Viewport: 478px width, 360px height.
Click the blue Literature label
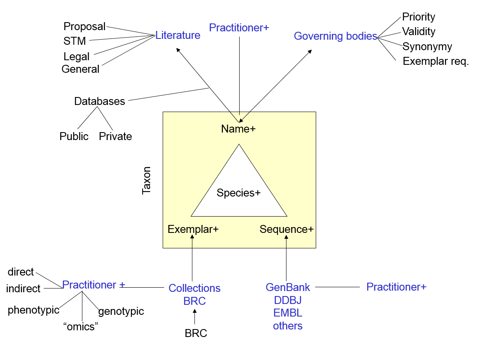point(178,36)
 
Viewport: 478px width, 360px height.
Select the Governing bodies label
point(335,36)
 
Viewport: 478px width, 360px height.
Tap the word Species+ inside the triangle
point(238,193)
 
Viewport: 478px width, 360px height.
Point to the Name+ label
point(238,129)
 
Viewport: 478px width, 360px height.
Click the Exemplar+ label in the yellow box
point(193,230)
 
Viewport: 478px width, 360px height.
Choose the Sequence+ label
point(286,230)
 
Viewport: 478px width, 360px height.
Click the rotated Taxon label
point(146,181)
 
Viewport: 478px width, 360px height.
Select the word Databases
point(100,102)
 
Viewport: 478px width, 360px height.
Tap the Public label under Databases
point(74,137)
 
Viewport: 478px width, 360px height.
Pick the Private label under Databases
point(115,137)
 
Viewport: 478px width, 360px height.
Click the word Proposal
point(84,27)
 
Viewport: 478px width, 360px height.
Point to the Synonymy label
point(427,46)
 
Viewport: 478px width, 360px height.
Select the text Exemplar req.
point(436,61)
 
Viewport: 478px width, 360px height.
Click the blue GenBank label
point(288,288)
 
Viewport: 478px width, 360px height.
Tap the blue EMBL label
point(288,313)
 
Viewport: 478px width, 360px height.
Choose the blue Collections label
point(194,289)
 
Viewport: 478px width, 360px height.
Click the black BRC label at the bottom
point(196,334)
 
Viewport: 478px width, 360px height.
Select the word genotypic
point(121,311)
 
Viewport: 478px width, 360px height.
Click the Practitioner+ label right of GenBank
point(396,287)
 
